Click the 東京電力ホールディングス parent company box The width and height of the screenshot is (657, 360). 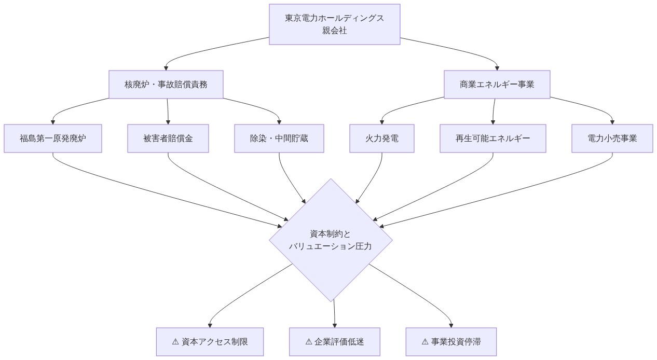tap(335, 24)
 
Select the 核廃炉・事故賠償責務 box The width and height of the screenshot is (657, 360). tap(166, 85)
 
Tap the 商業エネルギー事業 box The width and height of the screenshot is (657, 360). tap(497, 85)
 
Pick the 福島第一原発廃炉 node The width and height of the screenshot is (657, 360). tap(53, 139)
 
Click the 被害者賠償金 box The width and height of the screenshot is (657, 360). tap(168, 139)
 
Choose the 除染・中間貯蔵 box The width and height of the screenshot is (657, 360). tap(279, 139)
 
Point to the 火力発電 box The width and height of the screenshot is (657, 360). tap(382, 139)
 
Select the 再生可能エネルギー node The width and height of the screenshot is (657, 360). tap(493, 139)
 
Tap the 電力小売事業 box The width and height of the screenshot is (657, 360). tap(612, 139)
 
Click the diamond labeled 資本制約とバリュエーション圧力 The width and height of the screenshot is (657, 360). tap(331, 240)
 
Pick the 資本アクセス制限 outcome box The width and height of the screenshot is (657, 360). tap(210, 342)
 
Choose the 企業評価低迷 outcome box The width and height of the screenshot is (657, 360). tap(335, 342)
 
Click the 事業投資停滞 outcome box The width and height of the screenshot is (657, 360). tap(451, 342)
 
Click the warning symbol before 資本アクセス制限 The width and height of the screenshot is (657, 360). tap(175, 342)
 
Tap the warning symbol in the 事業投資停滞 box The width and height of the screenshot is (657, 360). tap(426, 342)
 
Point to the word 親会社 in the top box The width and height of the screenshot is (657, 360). tap(335, 31)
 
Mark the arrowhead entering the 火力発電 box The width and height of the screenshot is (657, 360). tap(381, 121)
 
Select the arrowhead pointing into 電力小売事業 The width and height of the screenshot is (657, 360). tap(612, 121)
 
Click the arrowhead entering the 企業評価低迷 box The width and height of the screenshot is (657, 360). tap(335, 325)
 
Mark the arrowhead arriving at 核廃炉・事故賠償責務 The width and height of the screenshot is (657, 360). tap(166, 67)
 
